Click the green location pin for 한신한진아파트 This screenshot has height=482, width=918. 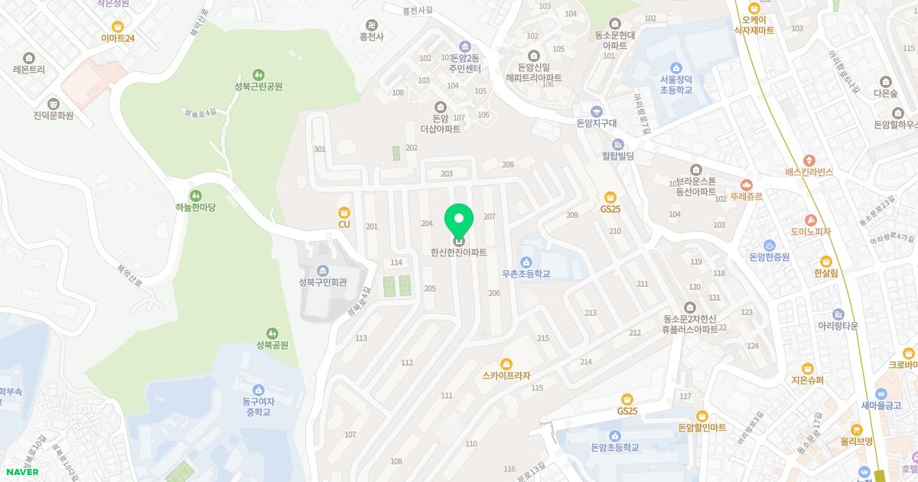click(459, 222)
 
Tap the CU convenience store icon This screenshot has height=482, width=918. click(343, 212)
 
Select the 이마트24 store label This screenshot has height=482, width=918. click(118, 38)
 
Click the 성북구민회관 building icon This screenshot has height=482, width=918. click(322, 270)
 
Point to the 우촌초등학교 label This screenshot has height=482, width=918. click(526, 273)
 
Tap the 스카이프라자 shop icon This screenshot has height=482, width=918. click(506, 363)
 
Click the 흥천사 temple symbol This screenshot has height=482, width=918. click(372, 25)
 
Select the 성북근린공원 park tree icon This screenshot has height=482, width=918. click(259, 75)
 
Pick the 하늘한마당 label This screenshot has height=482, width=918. click(196, 207)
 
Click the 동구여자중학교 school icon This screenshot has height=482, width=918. click(258, 390)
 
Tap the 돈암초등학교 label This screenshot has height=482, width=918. click(614, 448)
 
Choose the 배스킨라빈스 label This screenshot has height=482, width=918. click(809, 172)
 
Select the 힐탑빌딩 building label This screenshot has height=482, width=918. click(618, 155)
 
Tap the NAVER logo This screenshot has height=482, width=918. click(22, 471)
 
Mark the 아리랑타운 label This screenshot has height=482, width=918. click(838, 326)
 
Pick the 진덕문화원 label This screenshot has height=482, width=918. click(53, 116)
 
